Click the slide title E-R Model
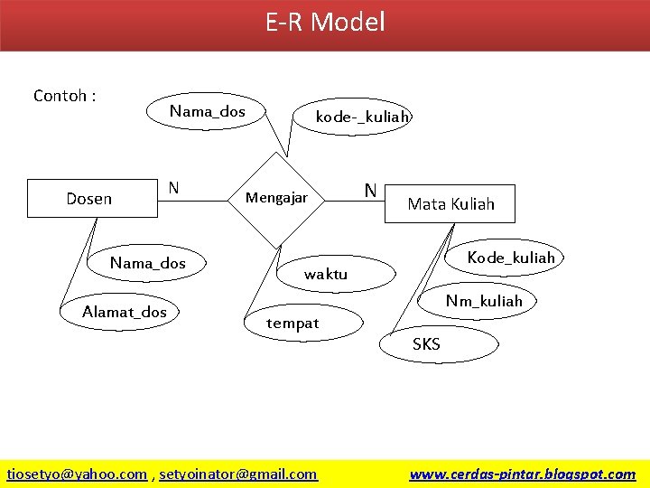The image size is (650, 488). pyautogui.click(x=325, y=22)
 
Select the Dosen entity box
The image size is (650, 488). pyautogui.click(x=89, y=199)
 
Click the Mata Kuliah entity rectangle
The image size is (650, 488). pyautogui.click(x=450, y=204)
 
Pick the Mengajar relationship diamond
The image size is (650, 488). pyautogui.click(x=277, y=198)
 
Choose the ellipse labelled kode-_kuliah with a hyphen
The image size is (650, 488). pyautogui.click(x=362, y=117)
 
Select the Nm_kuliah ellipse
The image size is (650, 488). pyautogui.click(x=484, y=301)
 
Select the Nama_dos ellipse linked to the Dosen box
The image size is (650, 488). pyautogui.click(x=148, y=264)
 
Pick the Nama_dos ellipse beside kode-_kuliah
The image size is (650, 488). pyautogui.click(x=208, y=112)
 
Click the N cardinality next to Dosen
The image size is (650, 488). pyautogui.click(x=173, y=188)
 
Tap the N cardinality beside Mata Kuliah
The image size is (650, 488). pyautogui.click(x=370, y=190)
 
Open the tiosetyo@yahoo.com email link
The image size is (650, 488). pyautogui.click(x=77, y=474)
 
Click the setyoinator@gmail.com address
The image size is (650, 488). pyautogui.click(x=238, y=474)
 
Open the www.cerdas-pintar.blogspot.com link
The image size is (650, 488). pyautogui.click(x=522, y=474)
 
